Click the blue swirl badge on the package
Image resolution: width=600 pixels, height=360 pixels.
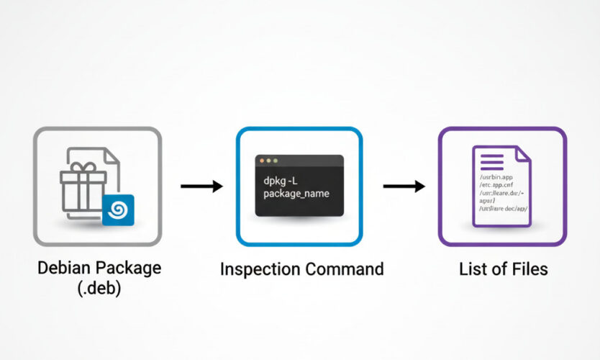click(x=118, y=210)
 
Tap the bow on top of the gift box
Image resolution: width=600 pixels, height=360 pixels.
click(x=83, y=168)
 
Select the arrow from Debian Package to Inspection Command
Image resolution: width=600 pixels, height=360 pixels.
click(x=201, y=186)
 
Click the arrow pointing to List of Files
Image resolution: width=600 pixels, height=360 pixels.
click(x=404, y=186)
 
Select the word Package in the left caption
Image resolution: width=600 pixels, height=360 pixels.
click(x=132, y=269)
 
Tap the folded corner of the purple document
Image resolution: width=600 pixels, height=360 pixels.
click(x=523, y=153)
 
